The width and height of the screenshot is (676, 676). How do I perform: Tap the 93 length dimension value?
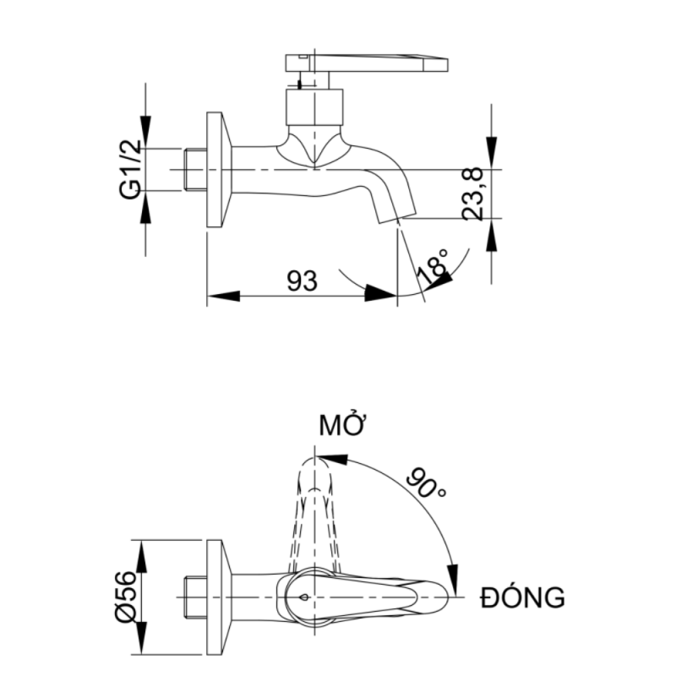(x=302, y=281)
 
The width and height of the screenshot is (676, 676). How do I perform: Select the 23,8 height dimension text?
(x=475, y=194)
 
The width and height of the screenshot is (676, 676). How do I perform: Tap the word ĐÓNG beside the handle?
(x=521, y=598)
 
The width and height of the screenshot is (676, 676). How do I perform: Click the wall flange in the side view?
(x=216, y=169)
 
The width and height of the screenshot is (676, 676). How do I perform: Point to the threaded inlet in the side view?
(x=194, y=170)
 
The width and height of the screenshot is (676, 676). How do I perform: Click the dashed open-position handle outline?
(x=313, y=507)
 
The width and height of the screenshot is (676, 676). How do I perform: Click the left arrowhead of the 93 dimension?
(x=222, y=295)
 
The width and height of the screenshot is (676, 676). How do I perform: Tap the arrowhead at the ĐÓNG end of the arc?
(x=454, y=578)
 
